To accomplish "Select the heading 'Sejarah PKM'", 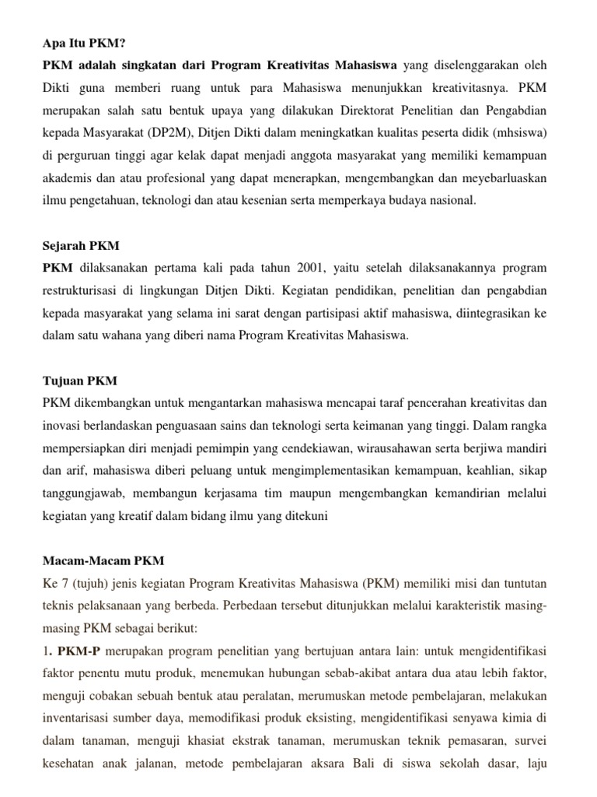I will (81, 246).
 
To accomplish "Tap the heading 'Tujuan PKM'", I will (79, 381).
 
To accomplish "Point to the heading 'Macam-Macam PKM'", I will (103, 561).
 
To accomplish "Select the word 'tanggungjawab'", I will (80, 493).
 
